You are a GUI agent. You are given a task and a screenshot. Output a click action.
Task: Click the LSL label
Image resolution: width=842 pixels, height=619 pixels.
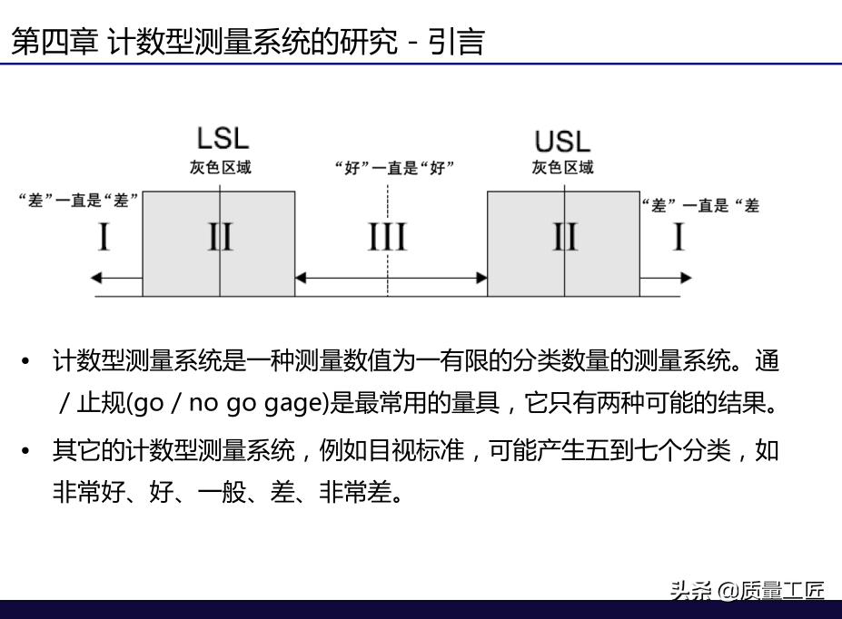click(x=223, y=139)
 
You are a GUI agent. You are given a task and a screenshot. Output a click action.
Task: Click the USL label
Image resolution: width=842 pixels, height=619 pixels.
click(x=562, y=141)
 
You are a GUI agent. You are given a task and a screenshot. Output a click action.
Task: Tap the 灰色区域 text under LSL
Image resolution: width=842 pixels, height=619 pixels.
click(x=220, y=167)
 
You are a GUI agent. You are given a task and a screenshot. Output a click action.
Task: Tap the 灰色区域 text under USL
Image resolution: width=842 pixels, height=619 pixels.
click(x=562, y=167)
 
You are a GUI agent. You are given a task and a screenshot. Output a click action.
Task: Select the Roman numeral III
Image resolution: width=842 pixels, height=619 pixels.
click(x=387, y=238)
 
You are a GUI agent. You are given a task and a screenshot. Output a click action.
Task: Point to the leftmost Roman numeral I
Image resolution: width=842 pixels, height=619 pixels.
click(x=104, y=238)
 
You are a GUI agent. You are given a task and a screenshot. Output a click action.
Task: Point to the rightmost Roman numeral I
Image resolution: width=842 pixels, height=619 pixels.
click(x=678, y=238)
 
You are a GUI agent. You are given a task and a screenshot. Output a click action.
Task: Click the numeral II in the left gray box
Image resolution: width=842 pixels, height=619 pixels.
click(x=220, y=238)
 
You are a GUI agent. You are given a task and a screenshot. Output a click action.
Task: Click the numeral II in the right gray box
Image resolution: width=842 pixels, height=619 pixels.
click(x=564, y=238)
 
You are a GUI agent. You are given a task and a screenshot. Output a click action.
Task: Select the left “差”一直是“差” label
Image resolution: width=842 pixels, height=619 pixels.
click(x=79, y=201)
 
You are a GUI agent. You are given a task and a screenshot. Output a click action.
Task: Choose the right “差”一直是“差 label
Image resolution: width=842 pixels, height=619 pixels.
click(x=700, y=205)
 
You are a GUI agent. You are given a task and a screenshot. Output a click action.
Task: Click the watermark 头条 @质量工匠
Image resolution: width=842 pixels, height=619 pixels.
click(x=747, y=591)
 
